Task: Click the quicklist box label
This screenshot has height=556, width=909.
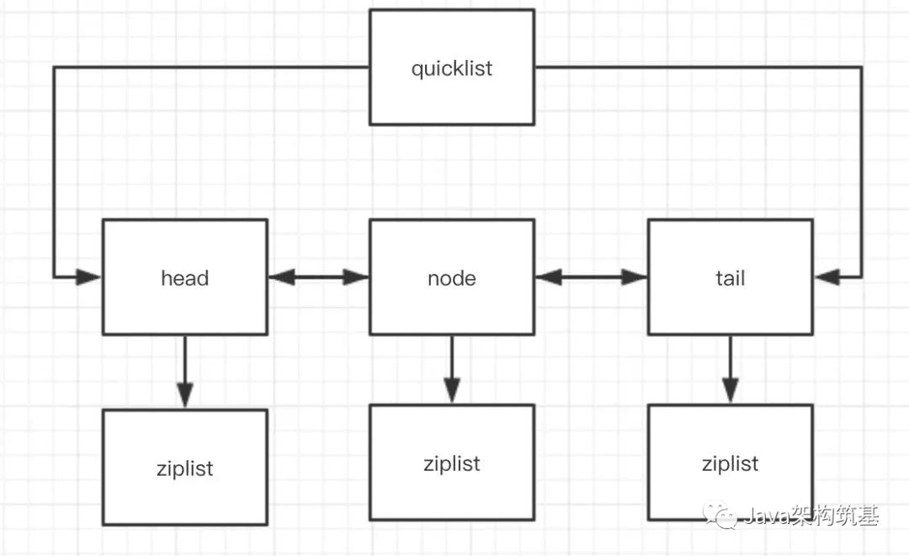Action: click(452, 68)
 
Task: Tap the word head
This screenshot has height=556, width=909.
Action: click(185, 278)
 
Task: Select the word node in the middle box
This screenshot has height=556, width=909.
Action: click(452, 279)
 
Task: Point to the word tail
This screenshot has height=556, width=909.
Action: click(730, 278)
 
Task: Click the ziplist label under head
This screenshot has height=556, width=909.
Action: click(185, 468)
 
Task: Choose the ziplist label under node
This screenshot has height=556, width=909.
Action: click(452, 463)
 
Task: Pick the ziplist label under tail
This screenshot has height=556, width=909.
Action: click(730, 463)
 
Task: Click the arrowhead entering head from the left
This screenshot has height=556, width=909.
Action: click(88, 277)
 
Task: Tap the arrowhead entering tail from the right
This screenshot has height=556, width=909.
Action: click(827, 277)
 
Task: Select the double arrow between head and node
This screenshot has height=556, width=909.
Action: click(318, 277)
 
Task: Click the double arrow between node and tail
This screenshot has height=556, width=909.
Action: click(591, 277)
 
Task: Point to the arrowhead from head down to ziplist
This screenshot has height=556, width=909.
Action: click(185, 395)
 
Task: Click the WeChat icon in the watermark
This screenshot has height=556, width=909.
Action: click(720, 515)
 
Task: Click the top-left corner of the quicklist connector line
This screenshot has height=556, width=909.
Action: click(54, 67)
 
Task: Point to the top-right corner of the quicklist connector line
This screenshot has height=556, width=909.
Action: click(862, 67)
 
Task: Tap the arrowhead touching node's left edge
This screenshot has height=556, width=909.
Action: click(355, 277)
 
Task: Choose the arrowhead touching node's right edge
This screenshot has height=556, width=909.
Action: click(549, 277)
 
